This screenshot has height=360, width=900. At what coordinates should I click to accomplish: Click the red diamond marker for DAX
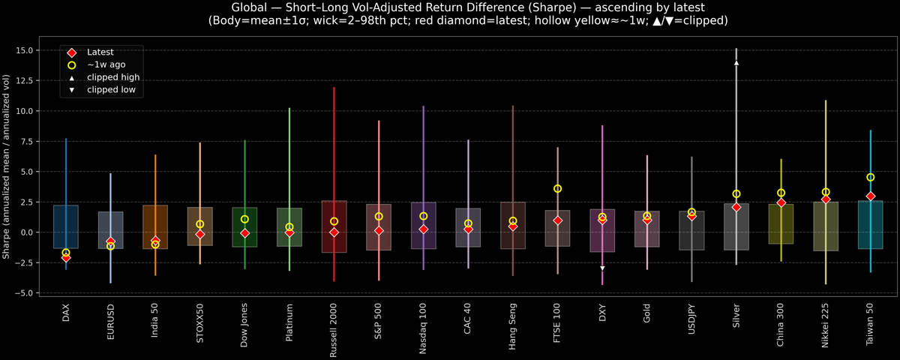tap(66, 258)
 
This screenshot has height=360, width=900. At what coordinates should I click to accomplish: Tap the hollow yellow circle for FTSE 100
tap(557, 189)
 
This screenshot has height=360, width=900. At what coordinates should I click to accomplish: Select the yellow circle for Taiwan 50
tap(870, 178)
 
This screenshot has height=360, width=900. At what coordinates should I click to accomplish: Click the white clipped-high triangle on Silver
tap(736, 63)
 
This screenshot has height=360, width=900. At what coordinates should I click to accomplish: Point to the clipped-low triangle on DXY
tap(602, 268)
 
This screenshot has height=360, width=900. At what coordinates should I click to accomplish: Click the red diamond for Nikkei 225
tap(826, 199)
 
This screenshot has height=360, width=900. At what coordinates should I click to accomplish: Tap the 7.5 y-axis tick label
tap(30, 141)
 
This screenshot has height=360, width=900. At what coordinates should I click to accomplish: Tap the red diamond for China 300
tap(781, 202)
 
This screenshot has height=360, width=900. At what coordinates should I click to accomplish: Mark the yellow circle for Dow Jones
tap(244, 219)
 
